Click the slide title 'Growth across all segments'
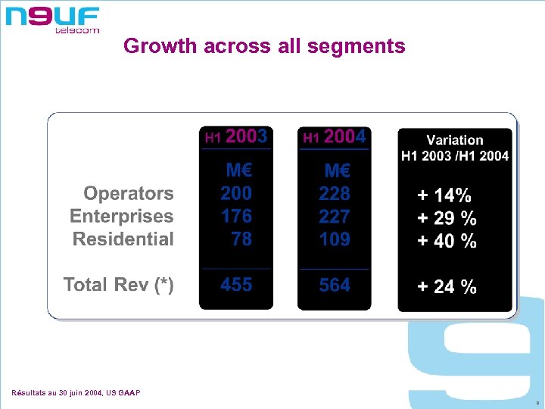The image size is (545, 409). (264, 46)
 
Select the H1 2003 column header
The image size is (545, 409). (236, 137)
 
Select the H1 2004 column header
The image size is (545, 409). (335, 137)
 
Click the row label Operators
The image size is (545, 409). (128, 194)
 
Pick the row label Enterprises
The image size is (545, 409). (122, 217)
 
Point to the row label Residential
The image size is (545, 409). (123, 239)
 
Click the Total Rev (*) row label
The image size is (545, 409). (119, 285)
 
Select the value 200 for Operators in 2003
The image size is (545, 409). (236, 194)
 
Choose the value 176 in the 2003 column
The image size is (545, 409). (236, 217)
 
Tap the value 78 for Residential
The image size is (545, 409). (241, 239)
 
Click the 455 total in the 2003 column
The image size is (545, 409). (236, 285)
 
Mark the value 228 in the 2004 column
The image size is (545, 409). (335, 194)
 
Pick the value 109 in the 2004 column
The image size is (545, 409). (335, 239)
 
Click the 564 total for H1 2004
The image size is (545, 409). (335, 285)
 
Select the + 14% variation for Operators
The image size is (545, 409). (444, 195)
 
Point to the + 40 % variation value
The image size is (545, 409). (447, 242)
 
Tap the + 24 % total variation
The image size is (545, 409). (447, 287)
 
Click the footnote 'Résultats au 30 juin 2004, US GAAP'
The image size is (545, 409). (76, 392)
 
